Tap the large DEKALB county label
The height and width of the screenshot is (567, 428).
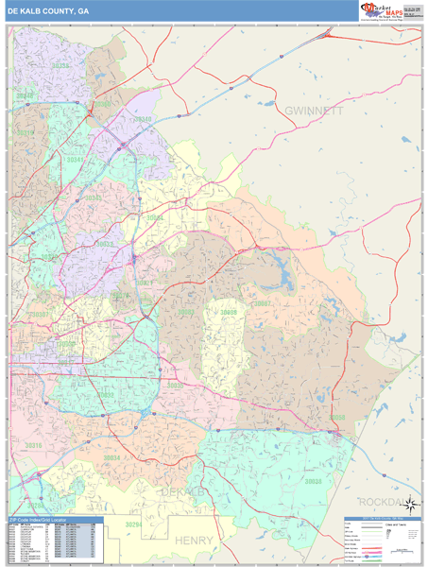(x=195, y=496)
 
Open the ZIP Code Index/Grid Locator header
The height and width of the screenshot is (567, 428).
(x=51, y=520)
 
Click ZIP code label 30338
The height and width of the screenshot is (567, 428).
(x=62, y=66)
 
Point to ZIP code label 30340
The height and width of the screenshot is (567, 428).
(x=142, y=120)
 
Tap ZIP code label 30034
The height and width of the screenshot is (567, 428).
(x=111, y=458)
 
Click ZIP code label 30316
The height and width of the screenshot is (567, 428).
(x=34, y=444)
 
